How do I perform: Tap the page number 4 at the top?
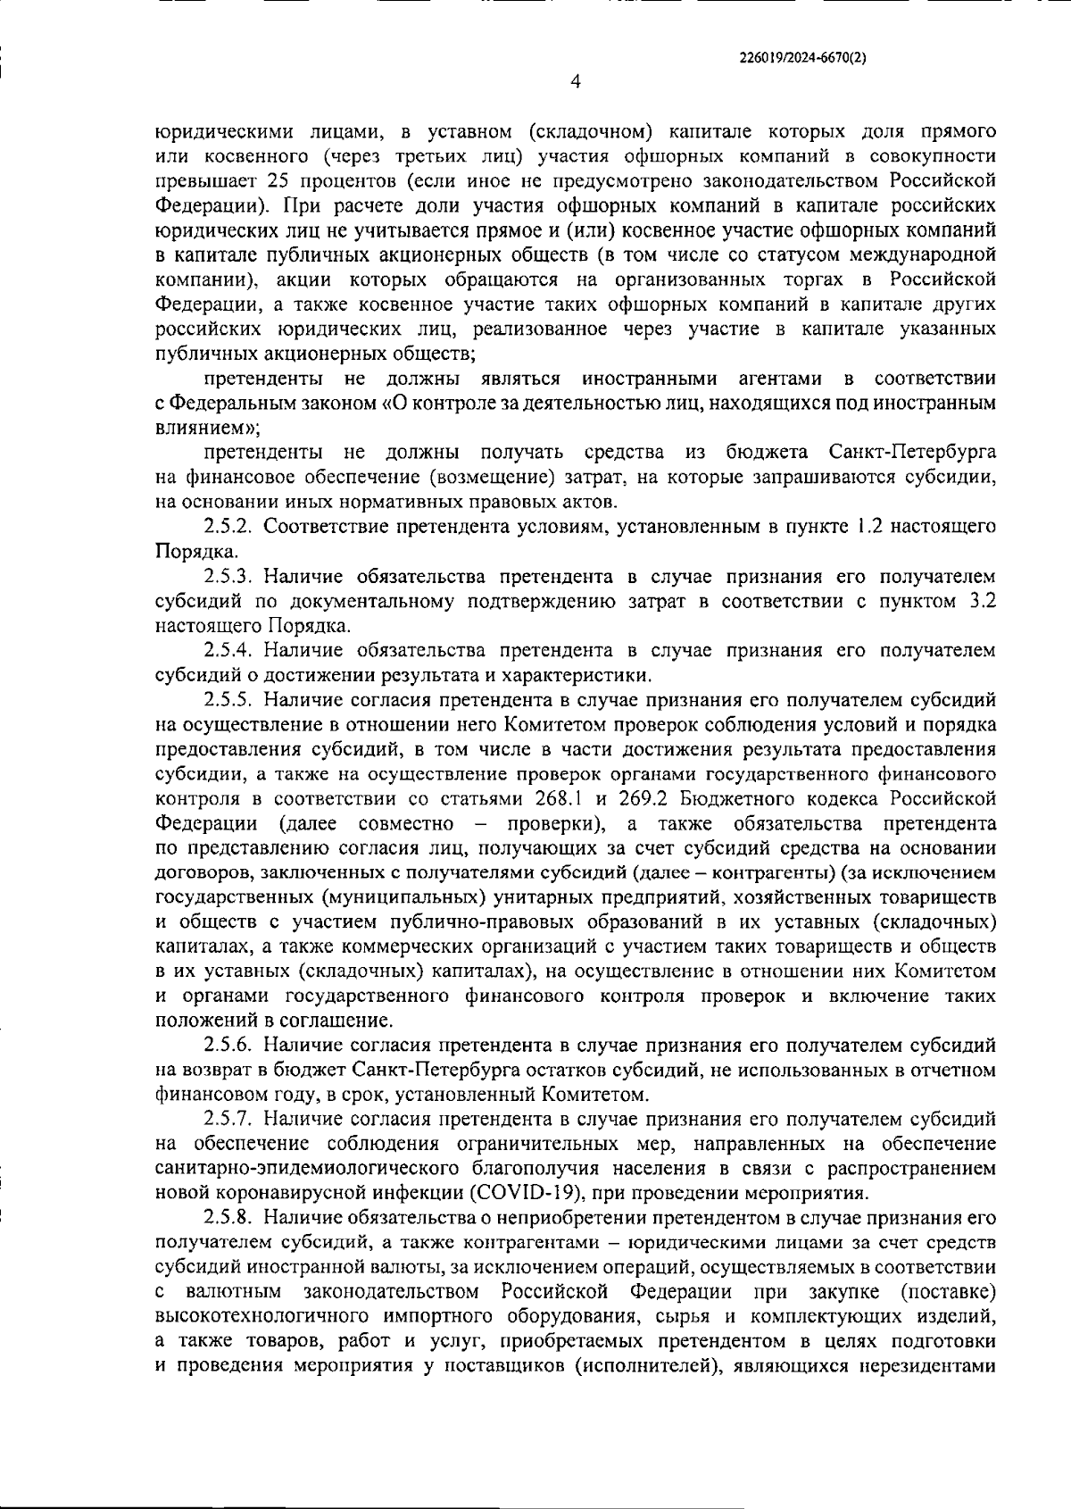pos(575,82)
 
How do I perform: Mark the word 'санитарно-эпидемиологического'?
pos(307,1168)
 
